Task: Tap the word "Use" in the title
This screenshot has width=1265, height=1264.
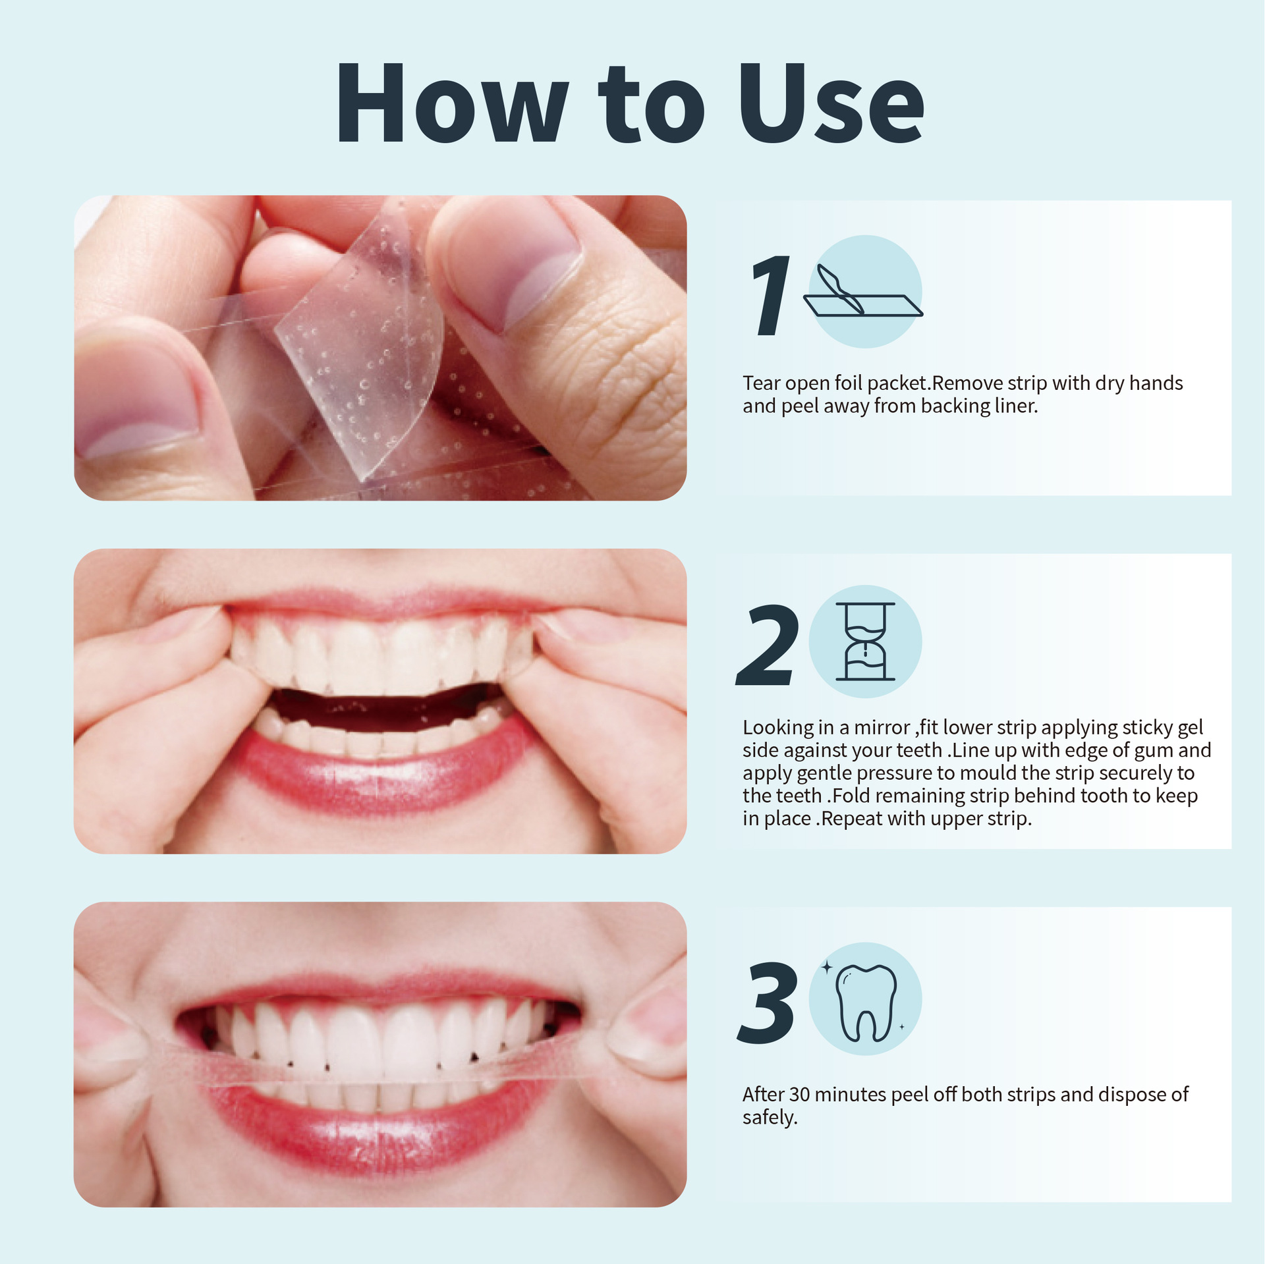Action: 831,103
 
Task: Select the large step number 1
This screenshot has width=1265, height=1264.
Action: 770,296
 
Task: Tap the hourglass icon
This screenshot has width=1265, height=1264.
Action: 865,641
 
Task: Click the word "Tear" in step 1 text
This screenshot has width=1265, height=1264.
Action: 762,383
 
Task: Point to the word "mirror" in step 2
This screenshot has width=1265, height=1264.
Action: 882,727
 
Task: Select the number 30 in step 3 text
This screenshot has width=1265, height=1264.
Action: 799,1094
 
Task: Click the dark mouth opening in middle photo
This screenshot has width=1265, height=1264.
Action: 385,707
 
